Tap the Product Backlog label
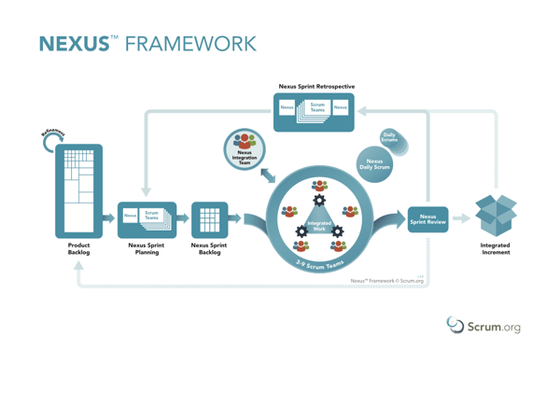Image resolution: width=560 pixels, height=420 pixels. coord(78,248)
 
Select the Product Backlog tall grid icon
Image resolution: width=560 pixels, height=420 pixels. coord(78,190)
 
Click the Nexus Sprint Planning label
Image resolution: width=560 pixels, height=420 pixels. coord(147,248)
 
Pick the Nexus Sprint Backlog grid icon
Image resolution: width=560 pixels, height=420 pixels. coord(209,219)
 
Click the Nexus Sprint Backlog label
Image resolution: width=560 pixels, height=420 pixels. coord(209,248)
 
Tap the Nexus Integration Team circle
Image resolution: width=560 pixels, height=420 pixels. coord(245,150)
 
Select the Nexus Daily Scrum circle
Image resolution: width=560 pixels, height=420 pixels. coord(374,164)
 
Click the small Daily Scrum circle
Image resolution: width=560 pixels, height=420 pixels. coord(388,139)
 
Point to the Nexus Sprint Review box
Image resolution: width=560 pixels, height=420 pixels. coord(428,219)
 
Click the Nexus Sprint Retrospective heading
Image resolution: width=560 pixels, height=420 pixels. coord(316,86)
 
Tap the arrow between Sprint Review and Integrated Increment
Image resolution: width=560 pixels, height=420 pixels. coord(461,219)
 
